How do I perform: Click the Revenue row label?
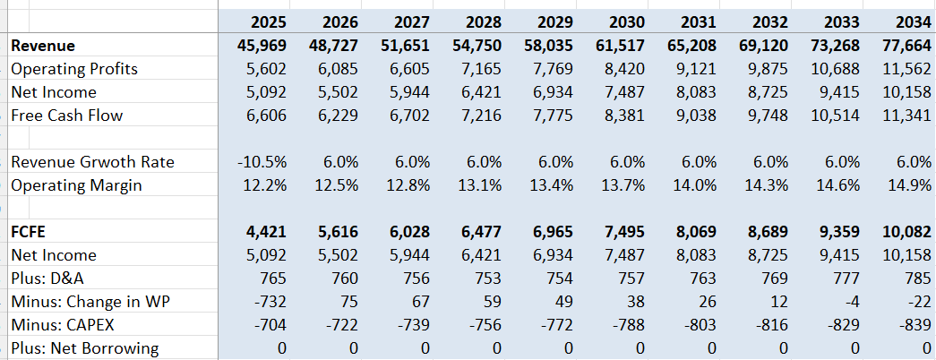point(43,46)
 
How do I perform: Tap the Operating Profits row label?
point(74,69)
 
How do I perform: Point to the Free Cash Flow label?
point(67,116)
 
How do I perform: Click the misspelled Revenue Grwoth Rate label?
point(92,162)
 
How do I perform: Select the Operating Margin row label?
point(77,185)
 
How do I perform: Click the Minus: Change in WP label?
point(90,302)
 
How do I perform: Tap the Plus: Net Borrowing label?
point(85,348)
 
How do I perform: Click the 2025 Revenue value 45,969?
point(261,46)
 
